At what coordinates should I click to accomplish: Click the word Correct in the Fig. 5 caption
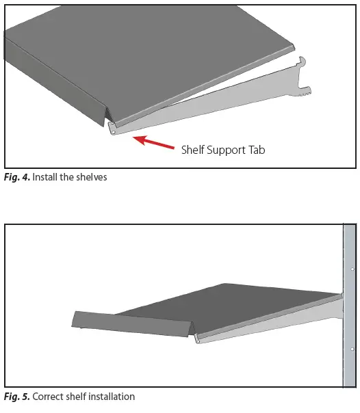click(47, 396)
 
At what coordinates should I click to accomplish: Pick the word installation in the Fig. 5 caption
click(110, 396)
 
